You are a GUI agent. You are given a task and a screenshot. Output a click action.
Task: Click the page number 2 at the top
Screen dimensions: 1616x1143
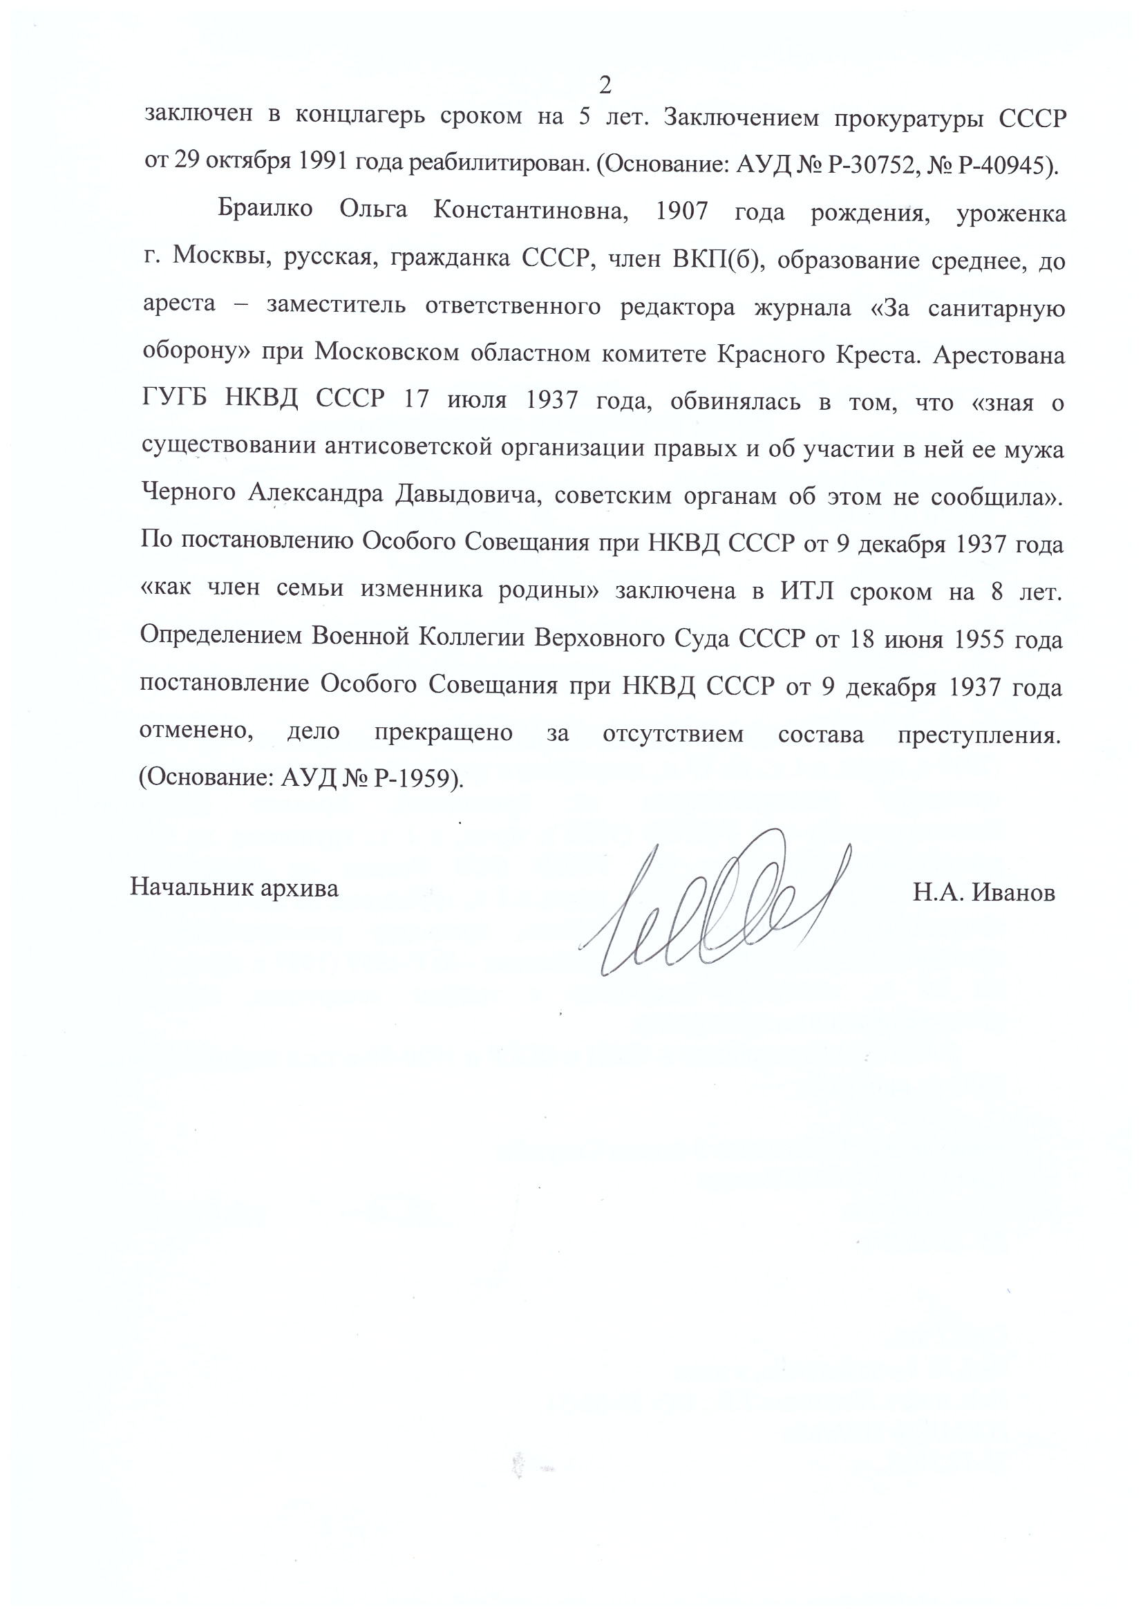pyautogui.click(x=605, y=85)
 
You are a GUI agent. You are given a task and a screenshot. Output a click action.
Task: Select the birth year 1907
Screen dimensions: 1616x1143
pyautogui.click(x=681, y=211)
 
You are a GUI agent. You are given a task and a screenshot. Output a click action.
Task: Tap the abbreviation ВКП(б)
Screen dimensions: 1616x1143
pyautogui.click(x=715, y=259)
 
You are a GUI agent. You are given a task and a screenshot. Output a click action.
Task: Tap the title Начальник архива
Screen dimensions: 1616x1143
pyautogui.click(x=234, y=887)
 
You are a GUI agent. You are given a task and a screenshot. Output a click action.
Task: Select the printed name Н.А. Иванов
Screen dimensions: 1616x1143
pyautogui.click(x=984, y=893)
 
